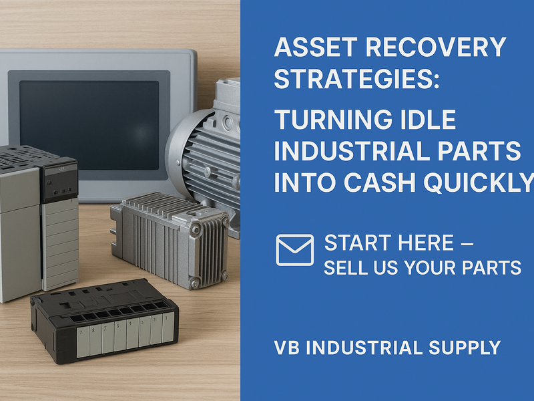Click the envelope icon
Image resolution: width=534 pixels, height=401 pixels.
click(x=294, y=250)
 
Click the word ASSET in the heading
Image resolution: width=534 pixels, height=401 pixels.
click(x=307, y=48)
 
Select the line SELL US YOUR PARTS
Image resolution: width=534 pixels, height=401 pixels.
click(x=422, y=268)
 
